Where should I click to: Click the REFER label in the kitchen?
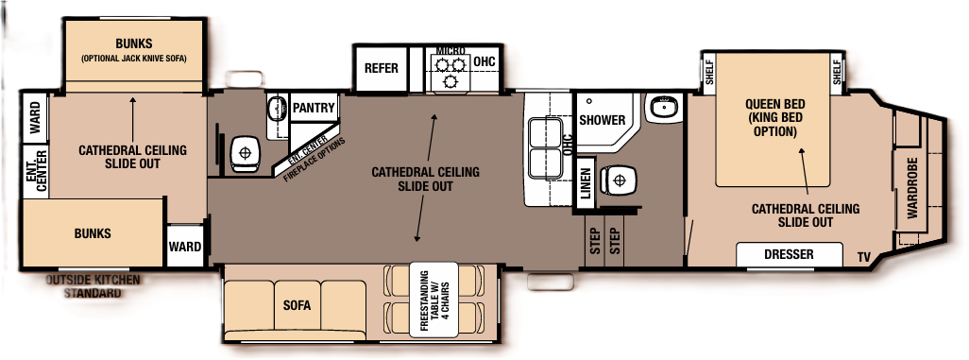pos(382,69)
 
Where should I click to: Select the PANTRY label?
pos(314,108)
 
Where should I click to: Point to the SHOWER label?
pos(602,120)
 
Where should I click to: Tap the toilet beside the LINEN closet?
pos(619,177)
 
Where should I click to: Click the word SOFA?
pos(297,307)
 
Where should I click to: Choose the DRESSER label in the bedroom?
pos(789,255)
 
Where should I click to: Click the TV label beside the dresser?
pos(864,257)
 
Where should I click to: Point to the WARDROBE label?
pos(912,188)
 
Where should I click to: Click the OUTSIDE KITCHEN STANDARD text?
pos(93,287)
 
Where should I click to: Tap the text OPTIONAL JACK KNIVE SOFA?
pos(133,59)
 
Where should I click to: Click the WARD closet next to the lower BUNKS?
pos(185,247)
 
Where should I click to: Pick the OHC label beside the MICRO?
pos(484,62)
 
